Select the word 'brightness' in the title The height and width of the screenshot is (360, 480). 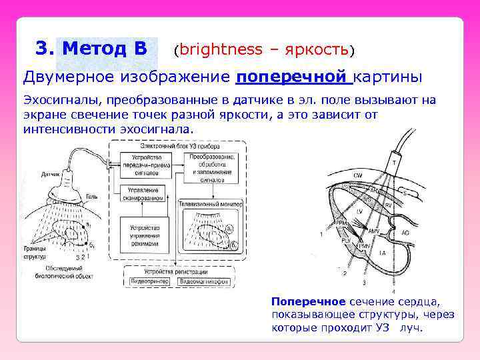pyautogui.click(x=221, y=49)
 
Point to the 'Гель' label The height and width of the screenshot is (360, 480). pyautogui.click(x=91, y=197)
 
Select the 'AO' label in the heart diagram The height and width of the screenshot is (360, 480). pyautogui.click(x=406, y=234)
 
